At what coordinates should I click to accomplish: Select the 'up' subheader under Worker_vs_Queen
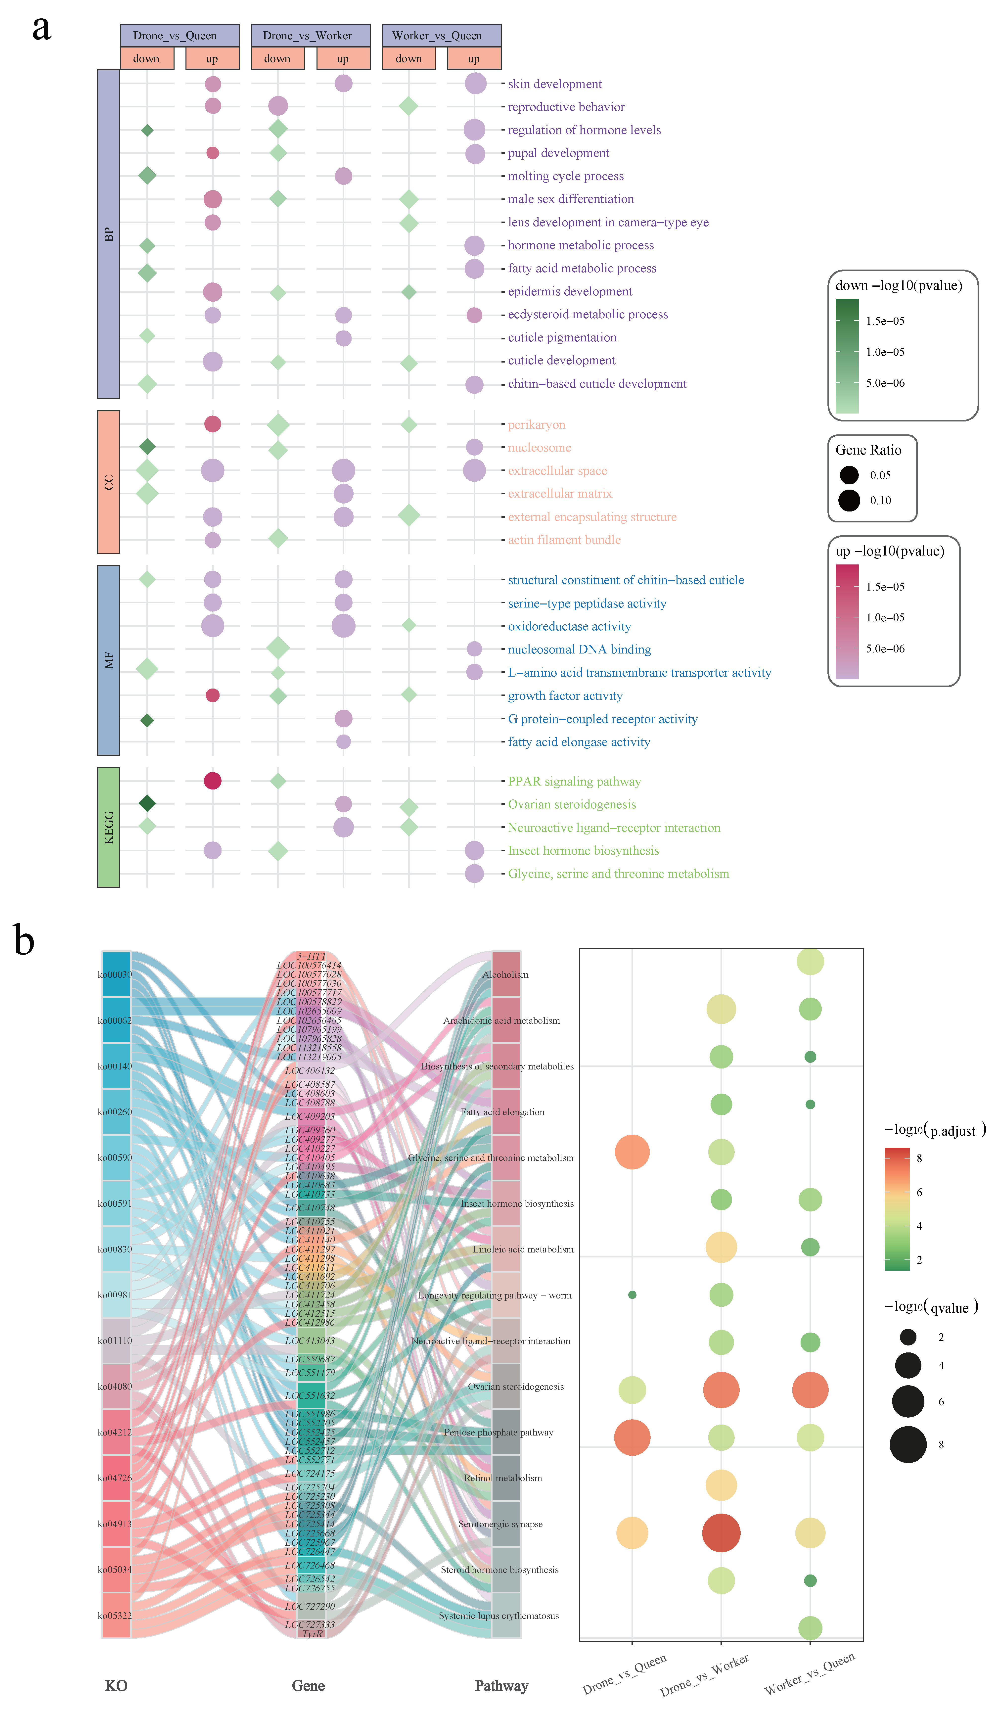(x=474, y=58)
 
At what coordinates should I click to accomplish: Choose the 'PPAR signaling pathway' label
(x=574, y=781)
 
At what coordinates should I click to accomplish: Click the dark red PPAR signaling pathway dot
(x=213, y=781)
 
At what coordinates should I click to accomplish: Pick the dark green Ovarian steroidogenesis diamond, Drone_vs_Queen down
(x=147, y=803)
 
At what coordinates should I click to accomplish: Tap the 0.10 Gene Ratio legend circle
(x=849, y=501)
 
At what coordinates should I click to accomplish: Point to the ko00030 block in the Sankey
(x=116, y=974)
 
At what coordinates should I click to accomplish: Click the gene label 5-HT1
(x=311, y=956)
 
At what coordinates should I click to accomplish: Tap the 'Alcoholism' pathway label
(x=505, y=974)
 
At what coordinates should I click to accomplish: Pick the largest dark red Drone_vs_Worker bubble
(x=721, y=1533)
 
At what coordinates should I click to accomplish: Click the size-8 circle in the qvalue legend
(x=908, y=1444)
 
